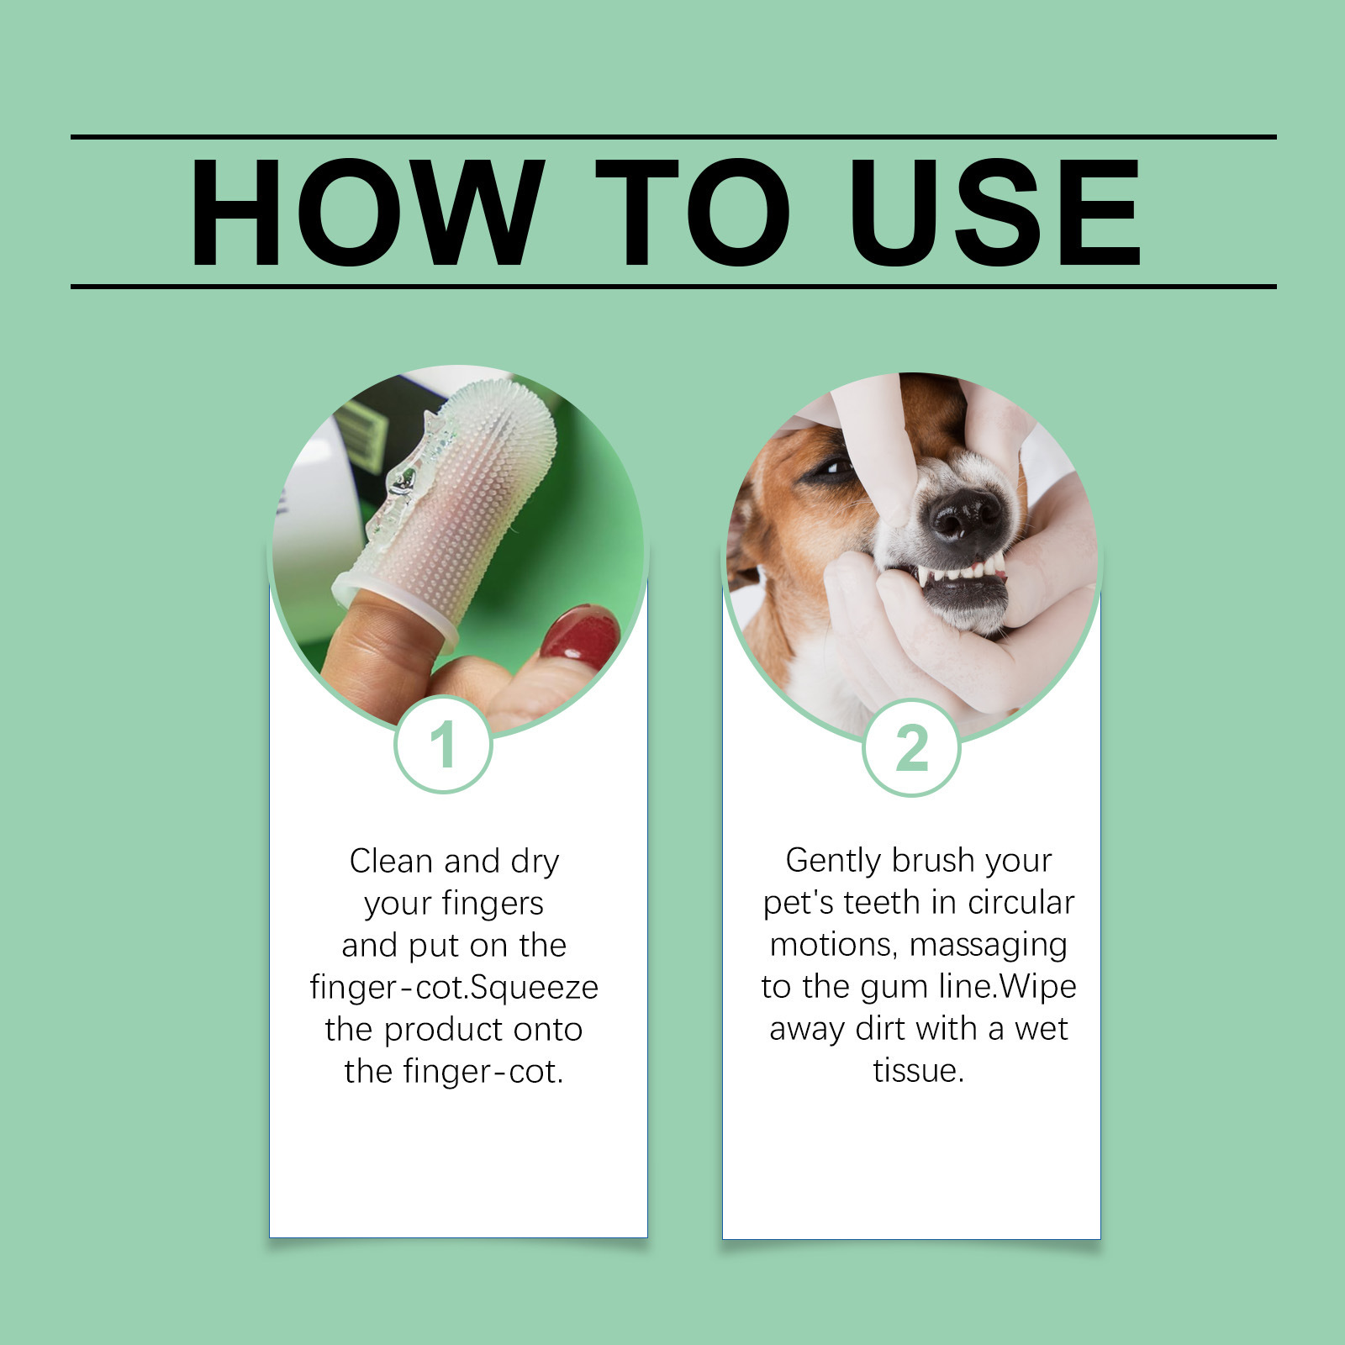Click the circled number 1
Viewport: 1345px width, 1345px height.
(x=443, y=744)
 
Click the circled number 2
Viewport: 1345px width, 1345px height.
(x=911, y=747)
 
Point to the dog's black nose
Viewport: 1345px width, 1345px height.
(x=965, y=514)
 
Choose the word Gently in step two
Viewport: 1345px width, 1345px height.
(x=833, y=861)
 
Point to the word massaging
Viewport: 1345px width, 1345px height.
(x=988, y=945)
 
